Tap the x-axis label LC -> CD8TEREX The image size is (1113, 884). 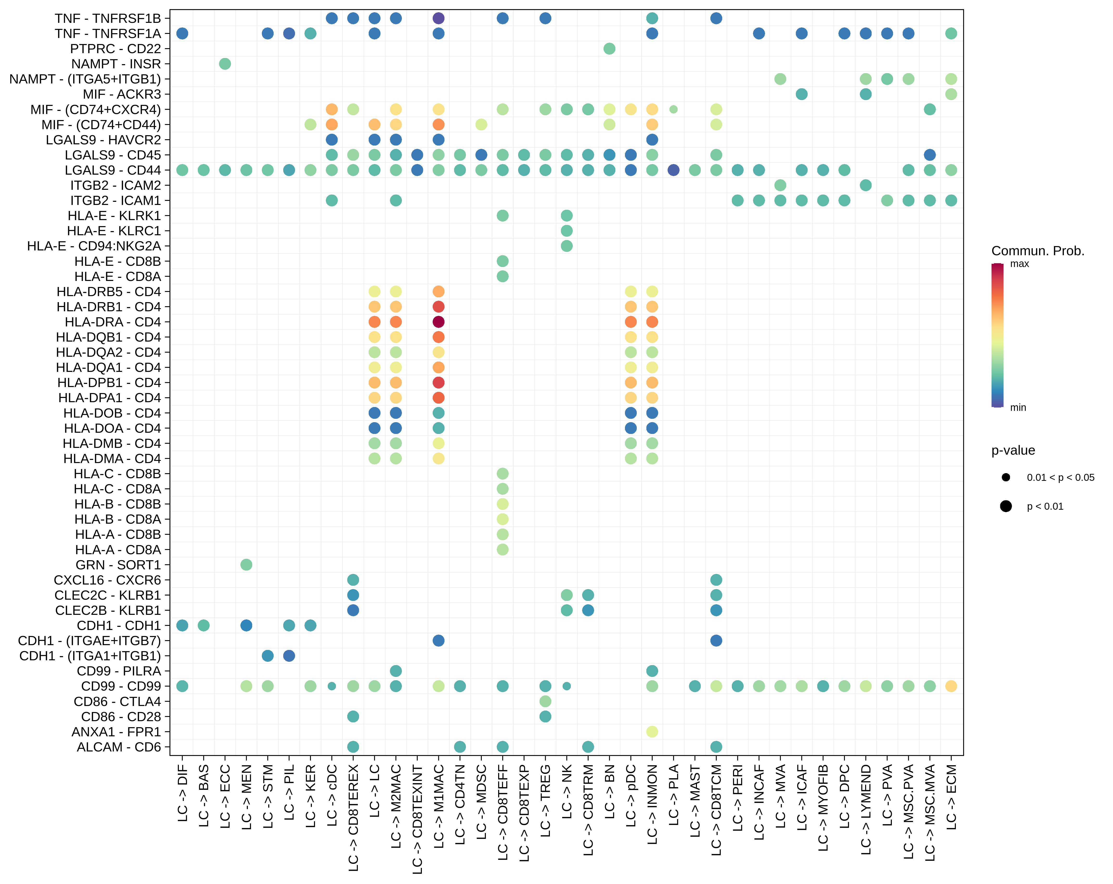(x=353, y=818)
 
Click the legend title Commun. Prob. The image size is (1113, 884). (x=1038, y=251)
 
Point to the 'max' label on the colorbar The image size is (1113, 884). (x=1020, y=264)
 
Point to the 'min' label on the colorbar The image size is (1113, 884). (x=1018, y=408)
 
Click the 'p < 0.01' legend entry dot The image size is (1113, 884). (x=1006, y=506)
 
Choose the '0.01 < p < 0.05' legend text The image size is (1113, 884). (x=1060, y=477)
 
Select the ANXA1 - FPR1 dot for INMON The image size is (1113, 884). (x=652, y=731)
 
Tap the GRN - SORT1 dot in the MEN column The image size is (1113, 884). (x=246, y=565)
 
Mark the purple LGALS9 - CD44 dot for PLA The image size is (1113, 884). (x=673, y=170)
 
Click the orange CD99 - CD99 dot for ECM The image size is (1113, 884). (x=951, y=686)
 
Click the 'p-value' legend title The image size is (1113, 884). (x=1013, y=451)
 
